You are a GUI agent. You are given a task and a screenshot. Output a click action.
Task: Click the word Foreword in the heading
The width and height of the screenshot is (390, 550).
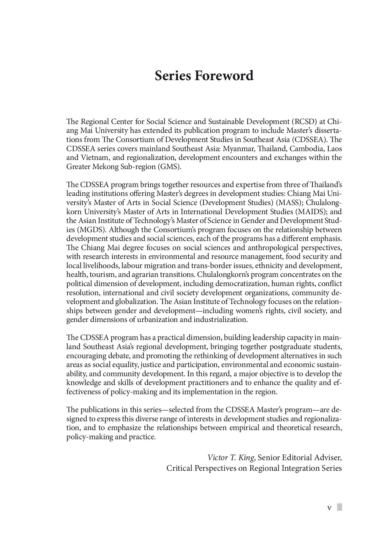[224, 75]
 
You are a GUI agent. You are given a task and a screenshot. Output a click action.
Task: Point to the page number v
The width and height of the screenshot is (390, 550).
[330, 508]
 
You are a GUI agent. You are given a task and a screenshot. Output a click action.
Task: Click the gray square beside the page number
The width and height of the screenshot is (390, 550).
[339, 507]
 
